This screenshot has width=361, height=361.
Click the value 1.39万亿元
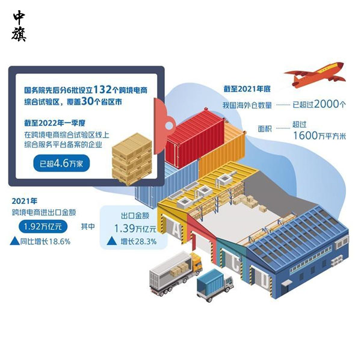(135, 228)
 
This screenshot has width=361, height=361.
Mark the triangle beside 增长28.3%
(111, 242)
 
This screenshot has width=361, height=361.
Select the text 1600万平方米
(319, 135)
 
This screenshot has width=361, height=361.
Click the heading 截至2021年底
(248, 90)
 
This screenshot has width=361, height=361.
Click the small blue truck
(214, 286)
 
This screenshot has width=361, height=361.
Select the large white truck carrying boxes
(175, 274)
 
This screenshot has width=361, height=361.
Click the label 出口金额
(135, 214)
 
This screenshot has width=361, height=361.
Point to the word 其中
(87, 227)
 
